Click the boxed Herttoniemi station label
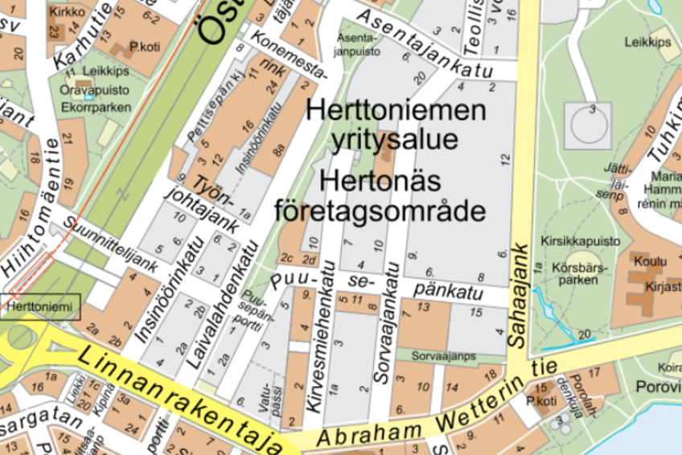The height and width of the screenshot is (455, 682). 40,306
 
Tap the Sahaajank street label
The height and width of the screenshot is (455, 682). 520,295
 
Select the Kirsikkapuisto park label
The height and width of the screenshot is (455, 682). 581,240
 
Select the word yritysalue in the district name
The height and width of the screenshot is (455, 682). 394,139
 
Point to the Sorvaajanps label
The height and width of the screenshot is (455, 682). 444,355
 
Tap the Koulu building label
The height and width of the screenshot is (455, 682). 650,262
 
